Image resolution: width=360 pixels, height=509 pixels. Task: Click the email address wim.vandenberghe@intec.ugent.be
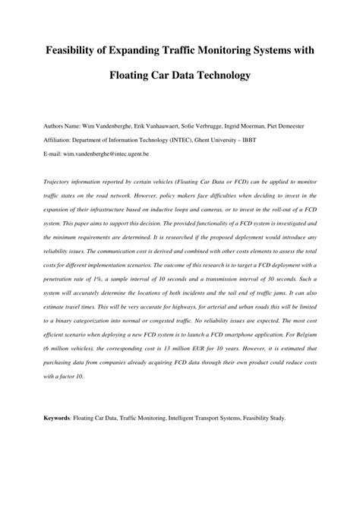coord(109,153)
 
